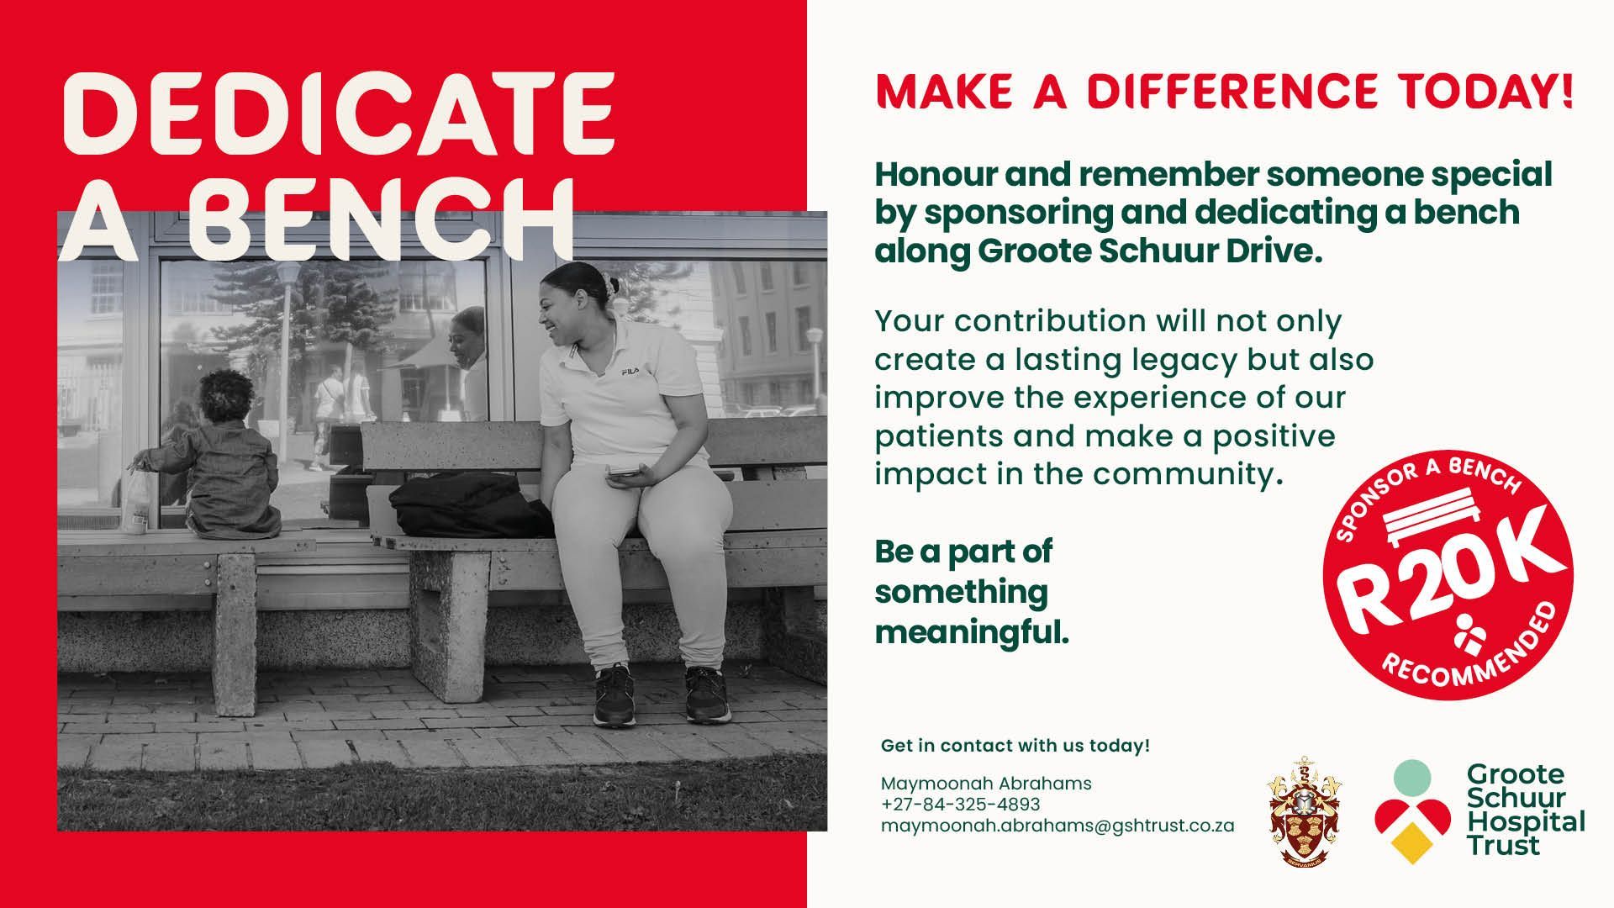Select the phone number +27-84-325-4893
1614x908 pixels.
[961, 805]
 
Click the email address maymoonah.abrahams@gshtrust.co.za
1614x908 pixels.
[1058, 826]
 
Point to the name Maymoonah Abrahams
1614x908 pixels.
[986, 784]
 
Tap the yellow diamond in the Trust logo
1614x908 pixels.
[1412, 842]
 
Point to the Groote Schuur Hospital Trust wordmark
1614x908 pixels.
[1525, 810]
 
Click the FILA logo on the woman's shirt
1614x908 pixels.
[630, 371]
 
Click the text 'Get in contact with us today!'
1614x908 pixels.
[1015, 746]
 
